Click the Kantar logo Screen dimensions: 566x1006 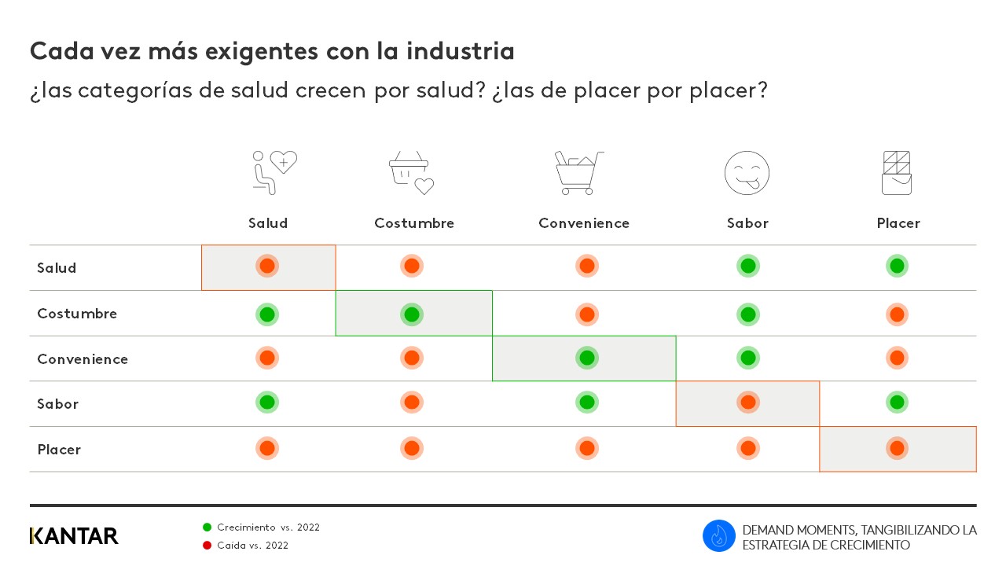(74, 536)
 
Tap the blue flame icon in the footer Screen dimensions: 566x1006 (718, 536)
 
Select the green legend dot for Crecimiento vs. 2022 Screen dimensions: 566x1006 (207, 527)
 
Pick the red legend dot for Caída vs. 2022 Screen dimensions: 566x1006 (207, 546)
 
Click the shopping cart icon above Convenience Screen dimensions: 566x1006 (578, 173)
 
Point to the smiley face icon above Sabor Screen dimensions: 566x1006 (747, 173)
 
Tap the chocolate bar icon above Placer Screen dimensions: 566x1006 (897, 173)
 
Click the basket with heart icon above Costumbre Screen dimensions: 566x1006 (412, 173)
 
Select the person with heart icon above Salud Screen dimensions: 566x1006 (274, 172)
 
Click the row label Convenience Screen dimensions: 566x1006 (83, 359)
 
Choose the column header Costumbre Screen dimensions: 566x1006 (414, 223)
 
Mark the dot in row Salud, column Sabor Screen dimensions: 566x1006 (748, 266)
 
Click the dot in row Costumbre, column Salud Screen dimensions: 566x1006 (267, 314)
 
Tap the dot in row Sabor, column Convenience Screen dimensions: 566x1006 (586, 402)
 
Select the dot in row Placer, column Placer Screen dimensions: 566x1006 (897, 448)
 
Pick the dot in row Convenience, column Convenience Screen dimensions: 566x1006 (586, 358)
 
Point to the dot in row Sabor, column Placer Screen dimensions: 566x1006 (897, 402)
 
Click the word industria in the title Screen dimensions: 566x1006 (461, 51)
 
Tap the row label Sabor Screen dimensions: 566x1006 (58, 404)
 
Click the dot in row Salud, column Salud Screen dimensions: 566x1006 (267, 266)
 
